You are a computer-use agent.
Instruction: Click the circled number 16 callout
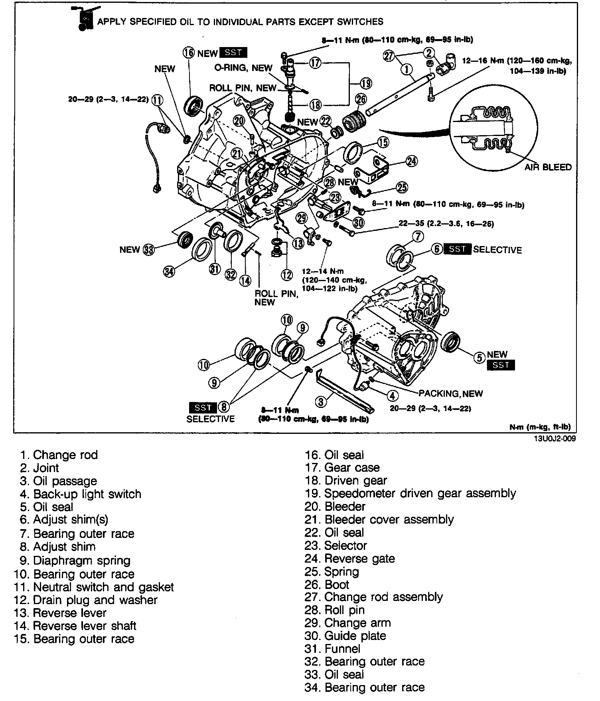pos(189,53)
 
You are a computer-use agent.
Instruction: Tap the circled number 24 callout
pos(411,161)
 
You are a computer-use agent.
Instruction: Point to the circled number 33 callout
pos(148,250)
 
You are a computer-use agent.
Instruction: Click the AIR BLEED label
pos(548,167)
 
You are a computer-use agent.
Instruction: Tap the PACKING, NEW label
pos(450,394)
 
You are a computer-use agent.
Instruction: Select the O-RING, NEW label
pos(243,68)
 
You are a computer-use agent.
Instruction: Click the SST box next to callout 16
pos(233,53)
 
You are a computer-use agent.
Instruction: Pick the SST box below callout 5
pos(501,365)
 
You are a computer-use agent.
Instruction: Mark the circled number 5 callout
pos(479,358)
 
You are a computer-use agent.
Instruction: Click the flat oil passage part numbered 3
pos(345,391)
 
